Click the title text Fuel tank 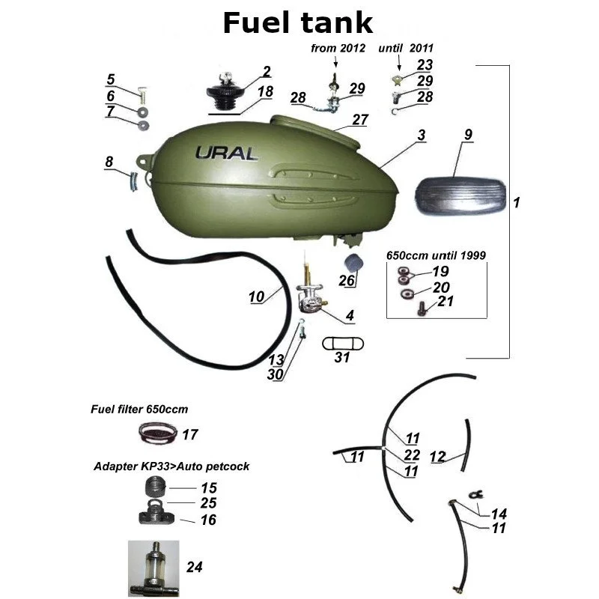pyautogui.click(x=298, y=23)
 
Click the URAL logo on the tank pyautogui.click(x=226, y=153)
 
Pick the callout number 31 pyautogui.click(x=341, y=358)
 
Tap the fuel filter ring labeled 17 pyautogui.click(x=159, y=432)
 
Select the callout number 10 pyautogui.click(x=257, y=297)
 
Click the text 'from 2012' pyautogui.click(x=338, y=49)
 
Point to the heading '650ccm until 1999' pyautogui.click(x=436, y=255)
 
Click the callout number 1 pyautogui.click(x=516, y=203)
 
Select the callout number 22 pyautogui.click(x=411, y=454)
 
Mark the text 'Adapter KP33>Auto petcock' pyautogui.click(x=171, y=466)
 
